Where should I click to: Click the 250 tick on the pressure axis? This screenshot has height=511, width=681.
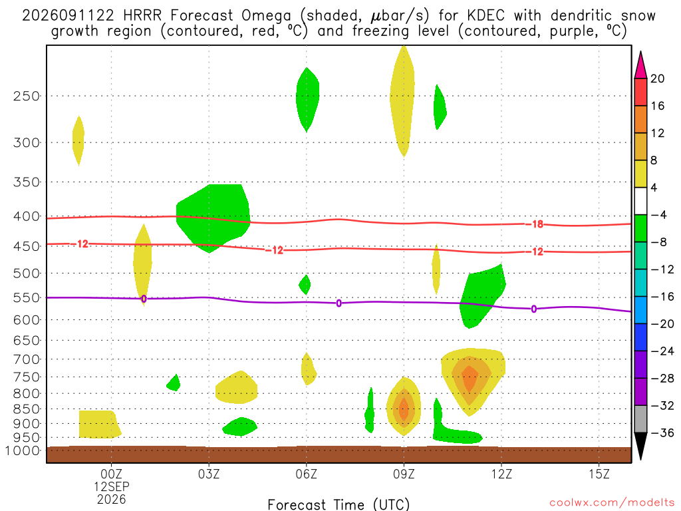[27, 96]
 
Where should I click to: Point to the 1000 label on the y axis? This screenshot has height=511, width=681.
[23, 451]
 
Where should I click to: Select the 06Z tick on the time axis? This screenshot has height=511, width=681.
[306, 474]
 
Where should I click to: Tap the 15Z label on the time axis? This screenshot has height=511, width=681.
[599, 474]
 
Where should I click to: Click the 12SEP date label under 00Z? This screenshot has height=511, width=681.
[112, 486]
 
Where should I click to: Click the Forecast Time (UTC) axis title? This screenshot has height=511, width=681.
[339, 504]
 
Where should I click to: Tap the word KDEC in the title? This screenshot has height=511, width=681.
[486, 16]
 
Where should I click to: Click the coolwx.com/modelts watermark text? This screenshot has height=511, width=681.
[612, 503]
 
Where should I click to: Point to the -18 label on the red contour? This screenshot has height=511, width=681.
[535, 224]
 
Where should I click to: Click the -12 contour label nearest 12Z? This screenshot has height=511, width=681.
[535, 252]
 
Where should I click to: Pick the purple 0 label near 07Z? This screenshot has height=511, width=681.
[339, 303]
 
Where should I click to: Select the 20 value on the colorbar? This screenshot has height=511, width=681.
[657, 79]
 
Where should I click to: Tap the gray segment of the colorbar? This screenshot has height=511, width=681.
[640, 419]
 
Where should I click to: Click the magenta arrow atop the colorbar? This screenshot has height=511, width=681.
[640, 65]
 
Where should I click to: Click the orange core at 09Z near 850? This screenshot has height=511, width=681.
[404, 409]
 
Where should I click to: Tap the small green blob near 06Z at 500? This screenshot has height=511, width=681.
[305, 285]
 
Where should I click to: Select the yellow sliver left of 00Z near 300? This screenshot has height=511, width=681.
[78, 141]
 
